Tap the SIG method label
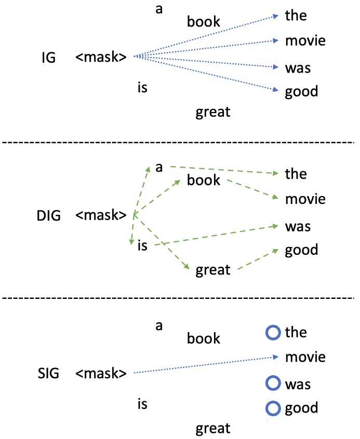click(48, 373)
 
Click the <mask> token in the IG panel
click(101, 57)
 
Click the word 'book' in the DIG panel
click(204, 181)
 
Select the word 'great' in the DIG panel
click(212, 270)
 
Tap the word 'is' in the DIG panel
click(142, 245)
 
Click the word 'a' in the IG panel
click(159, 10)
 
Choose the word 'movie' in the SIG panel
click(305, 357)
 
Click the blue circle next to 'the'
click(273, 332)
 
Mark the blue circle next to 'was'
click(273, 383)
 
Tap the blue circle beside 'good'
click(273, 407)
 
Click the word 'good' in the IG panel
click(301, 92)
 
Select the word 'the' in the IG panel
click(296, 16)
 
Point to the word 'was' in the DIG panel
click(298, 227)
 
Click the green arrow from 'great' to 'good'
click(257, 260)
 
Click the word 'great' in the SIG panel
click(212, 429)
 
